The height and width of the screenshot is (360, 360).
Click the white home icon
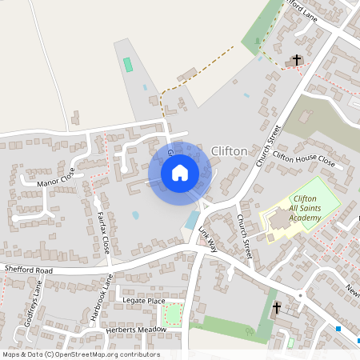click(180, 172)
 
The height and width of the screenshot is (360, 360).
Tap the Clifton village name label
click(230, 150)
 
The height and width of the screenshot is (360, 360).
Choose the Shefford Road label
click(26, 270)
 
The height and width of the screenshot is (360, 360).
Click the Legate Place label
click(144, 301)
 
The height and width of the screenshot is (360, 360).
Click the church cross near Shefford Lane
click(297, 60)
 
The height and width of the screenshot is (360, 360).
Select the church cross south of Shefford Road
click(277, 308)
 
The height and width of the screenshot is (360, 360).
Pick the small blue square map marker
click(338, 327)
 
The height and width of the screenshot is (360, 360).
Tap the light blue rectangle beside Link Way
click(192, 220)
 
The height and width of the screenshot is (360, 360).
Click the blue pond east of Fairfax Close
click(136, 215)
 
